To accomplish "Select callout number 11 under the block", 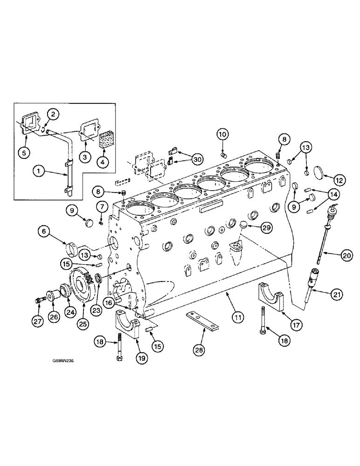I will [238, 318].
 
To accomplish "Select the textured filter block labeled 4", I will [109, 140].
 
